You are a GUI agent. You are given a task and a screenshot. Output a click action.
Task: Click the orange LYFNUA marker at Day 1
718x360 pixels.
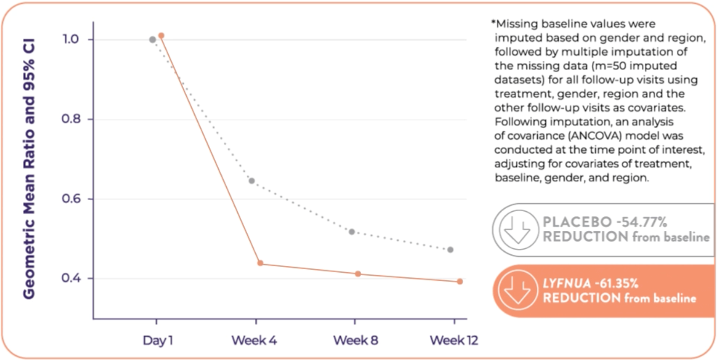coord(161,36)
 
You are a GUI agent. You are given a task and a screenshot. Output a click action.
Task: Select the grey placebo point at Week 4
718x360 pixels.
coord(252,181)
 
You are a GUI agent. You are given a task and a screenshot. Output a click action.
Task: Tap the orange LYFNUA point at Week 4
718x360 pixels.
coord(260,263)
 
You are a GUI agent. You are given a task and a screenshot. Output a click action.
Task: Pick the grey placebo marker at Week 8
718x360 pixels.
coord(352,232)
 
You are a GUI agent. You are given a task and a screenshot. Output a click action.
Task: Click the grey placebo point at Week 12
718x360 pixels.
coord(450,250)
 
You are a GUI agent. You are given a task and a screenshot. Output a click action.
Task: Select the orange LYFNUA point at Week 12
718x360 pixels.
coord(460,282)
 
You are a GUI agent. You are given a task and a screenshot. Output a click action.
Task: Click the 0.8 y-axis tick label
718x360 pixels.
coord(71,119)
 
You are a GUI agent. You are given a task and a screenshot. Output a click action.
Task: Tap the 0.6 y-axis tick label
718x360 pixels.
coord(71,199)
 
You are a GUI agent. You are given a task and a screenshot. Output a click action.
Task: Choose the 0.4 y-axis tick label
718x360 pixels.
coord(71,278)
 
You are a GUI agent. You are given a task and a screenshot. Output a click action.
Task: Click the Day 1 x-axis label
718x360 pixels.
coord(158,341)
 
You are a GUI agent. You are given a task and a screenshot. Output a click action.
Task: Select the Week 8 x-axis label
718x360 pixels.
coord(356,341)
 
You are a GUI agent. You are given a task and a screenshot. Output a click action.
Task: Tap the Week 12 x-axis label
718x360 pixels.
coord(454,341)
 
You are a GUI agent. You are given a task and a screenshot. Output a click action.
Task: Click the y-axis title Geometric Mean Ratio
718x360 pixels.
coord(29,169)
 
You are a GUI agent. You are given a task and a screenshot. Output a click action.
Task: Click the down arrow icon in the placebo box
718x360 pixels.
coord(518,230)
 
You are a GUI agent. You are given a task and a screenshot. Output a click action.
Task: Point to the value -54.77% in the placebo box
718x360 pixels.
coord(642,222)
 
